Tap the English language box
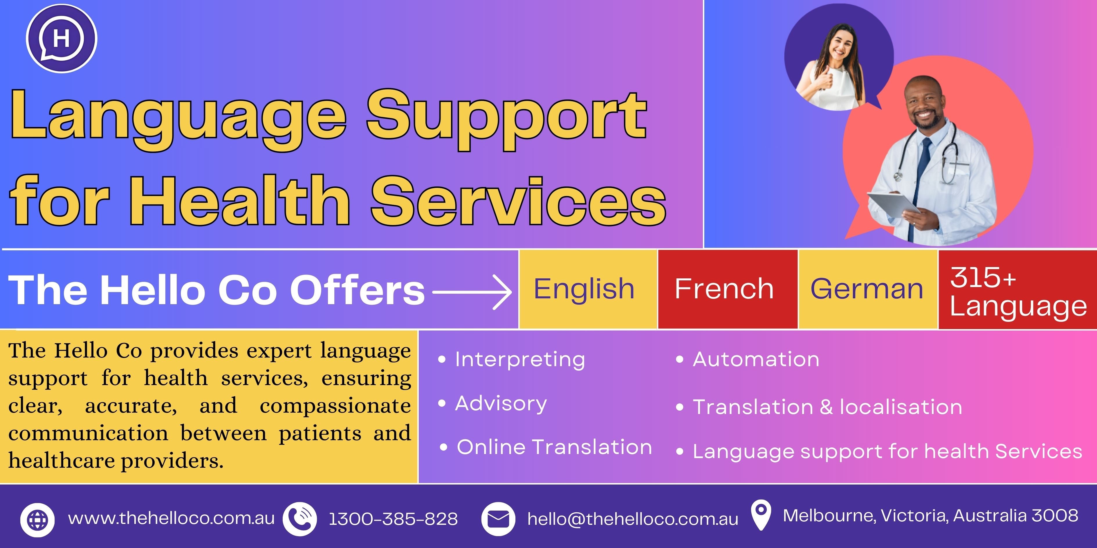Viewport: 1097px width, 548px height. pyautogui.click(x=588, y=289)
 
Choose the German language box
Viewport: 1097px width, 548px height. pyautogui.click(x=868, y=289)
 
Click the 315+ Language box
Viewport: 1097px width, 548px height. pyautogui.click(x=1018, y=289)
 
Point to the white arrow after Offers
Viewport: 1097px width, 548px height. pyautogui.click(x=472, y=292)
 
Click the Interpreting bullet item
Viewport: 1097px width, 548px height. pyautogui.click(x=511, y=360)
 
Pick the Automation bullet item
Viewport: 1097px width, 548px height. pyautogui.click(x=747, y=360)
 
